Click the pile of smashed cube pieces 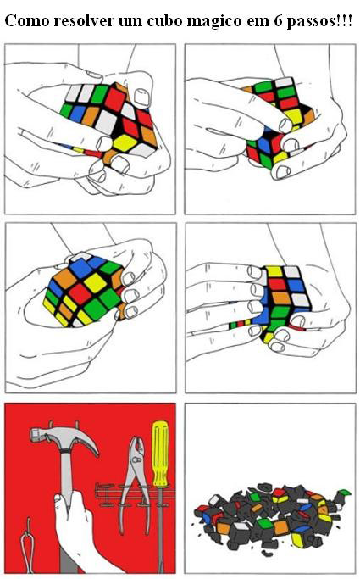pos(267,515)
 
